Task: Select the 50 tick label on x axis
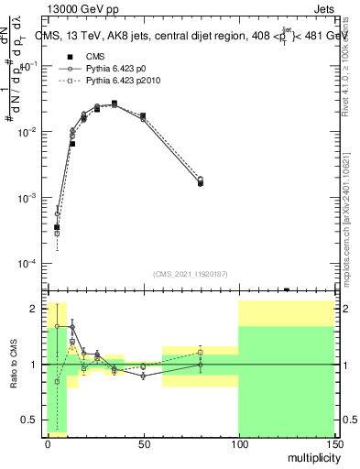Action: pos(143,443)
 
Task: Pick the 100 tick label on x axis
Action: pos(238,443)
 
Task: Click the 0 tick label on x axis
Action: pos(48,443)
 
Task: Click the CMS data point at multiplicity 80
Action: pos(200,183)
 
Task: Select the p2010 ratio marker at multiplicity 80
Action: pos(200,353)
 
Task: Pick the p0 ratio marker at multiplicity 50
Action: pos(143,376)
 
